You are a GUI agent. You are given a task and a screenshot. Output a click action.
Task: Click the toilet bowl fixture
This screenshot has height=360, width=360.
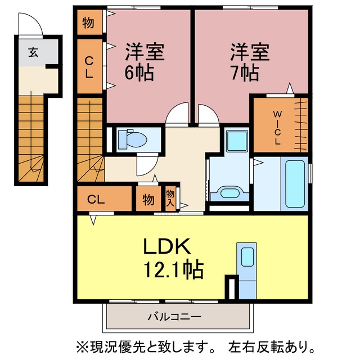(x=133, y=139)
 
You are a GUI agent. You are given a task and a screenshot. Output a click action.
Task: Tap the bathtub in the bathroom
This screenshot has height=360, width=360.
(x=295, y=184)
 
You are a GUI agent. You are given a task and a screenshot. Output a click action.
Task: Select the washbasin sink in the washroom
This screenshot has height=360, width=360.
(x=230, y=192)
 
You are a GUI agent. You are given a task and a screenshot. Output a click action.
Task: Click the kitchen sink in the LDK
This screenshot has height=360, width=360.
(x=247, y=257)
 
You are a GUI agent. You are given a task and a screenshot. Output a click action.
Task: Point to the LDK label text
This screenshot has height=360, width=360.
(x=167, y=246)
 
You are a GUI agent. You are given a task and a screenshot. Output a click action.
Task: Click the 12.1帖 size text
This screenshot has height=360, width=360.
(x=174, y=269)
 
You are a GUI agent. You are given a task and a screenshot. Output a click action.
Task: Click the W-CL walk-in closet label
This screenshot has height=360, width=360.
(x=277, y=128)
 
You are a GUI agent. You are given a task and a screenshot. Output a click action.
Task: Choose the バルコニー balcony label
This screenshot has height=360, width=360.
(x=174, y=317)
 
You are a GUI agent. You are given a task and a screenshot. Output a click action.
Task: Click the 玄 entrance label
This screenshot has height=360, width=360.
(x=33, y=52)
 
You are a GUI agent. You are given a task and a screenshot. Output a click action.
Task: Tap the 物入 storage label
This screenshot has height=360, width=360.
(x=170, y=198)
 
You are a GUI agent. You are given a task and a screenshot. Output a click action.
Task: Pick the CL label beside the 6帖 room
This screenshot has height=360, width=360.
(x=89, y=67)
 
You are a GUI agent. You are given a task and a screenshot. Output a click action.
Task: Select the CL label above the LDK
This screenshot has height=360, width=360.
(x=96, y=200)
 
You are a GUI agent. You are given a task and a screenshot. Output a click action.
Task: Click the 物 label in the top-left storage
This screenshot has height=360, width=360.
(x=88, y=23)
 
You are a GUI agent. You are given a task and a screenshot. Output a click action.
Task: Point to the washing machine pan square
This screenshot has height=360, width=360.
(x=237, y=141)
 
